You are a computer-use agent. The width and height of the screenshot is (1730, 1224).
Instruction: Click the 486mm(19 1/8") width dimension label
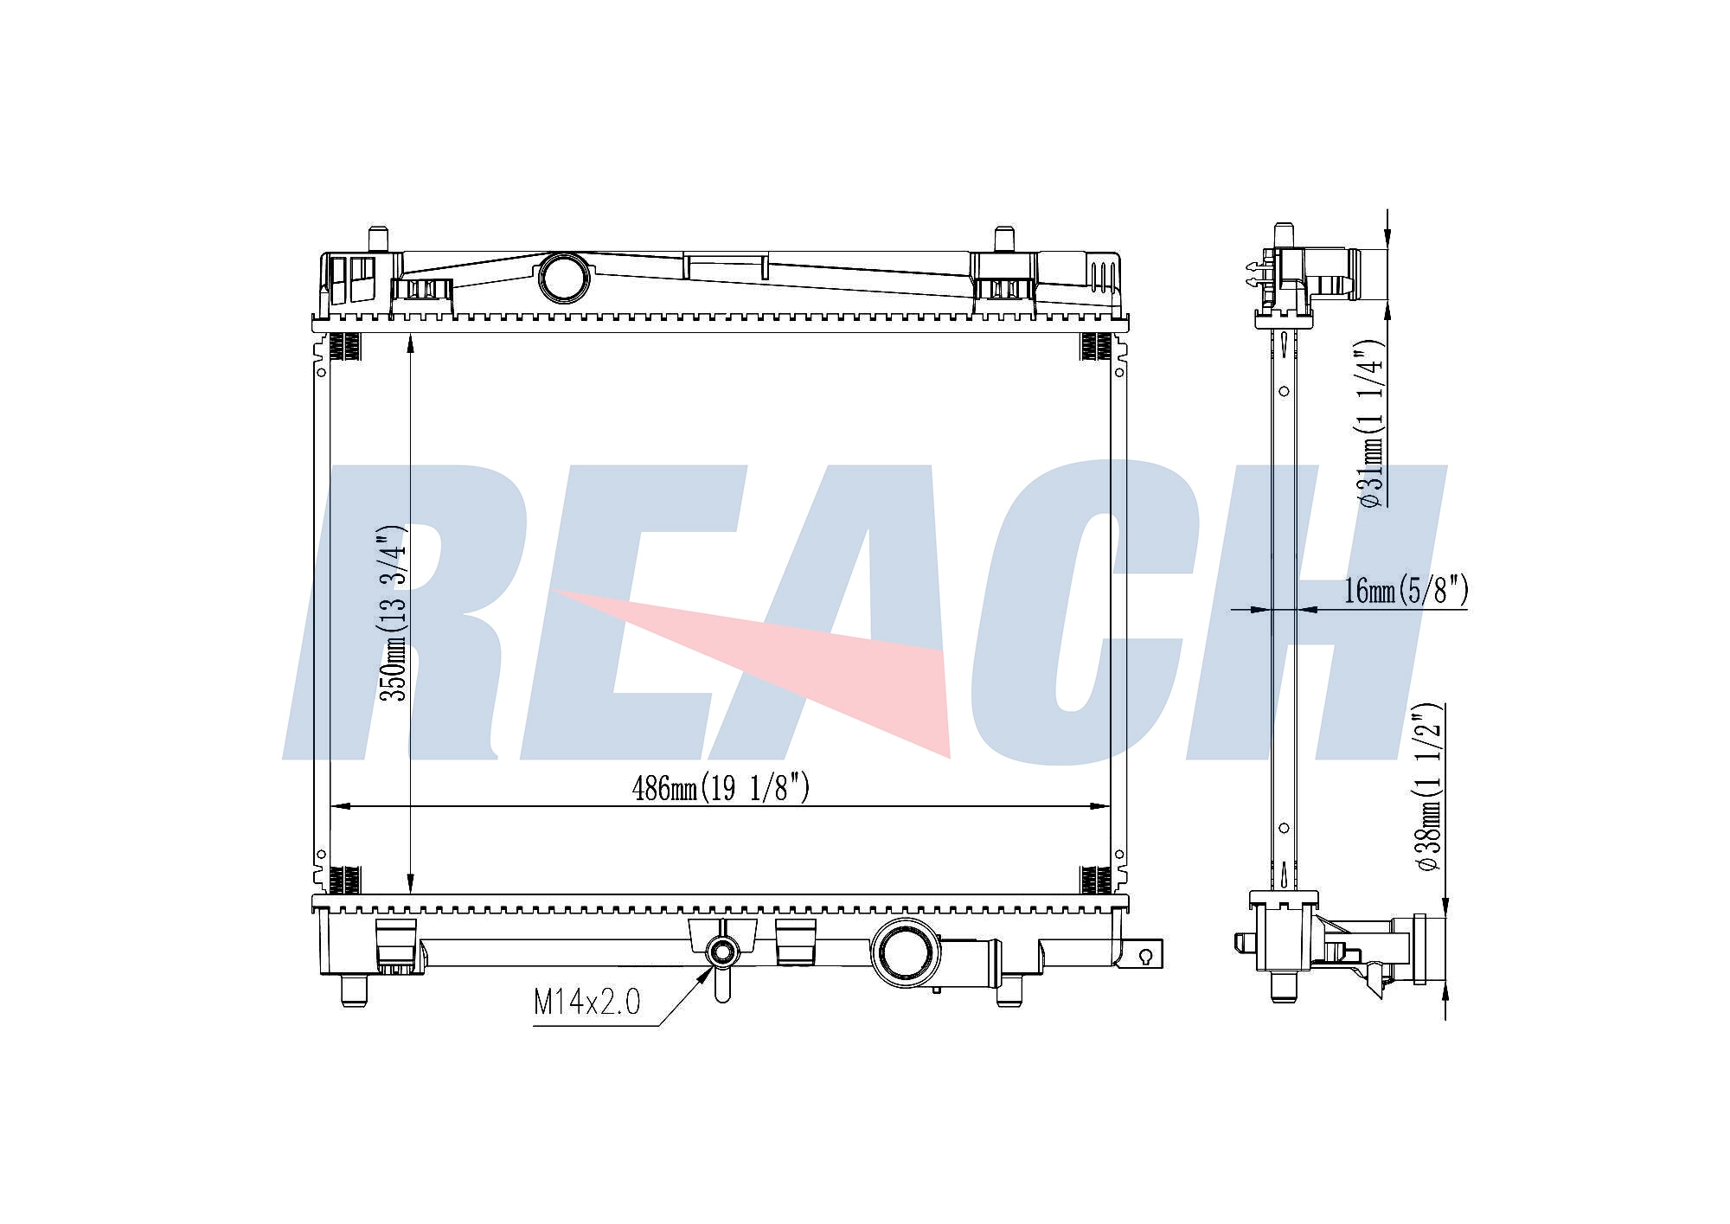click(x=721, y=788)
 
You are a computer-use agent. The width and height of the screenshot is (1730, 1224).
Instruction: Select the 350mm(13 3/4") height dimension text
click(x=394, y=612)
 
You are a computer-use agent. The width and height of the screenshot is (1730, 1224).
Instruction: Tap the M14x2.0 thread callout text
click(x=586, y=1003)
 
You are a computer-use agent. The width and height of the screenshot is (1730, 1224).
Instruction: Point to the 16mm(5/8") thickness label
click(x=1406, y=591)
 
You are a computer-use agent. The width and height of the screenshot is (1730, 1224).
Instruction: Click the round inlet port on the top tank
click(x=564, y=278)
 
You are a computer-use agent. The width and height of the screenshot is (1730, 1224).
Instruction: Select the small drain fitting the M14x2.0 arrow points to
click(x=721, y=953)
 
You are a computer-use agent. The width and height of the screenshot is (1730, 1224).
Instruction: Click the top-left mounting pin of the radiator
click(x=378, y=240)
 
